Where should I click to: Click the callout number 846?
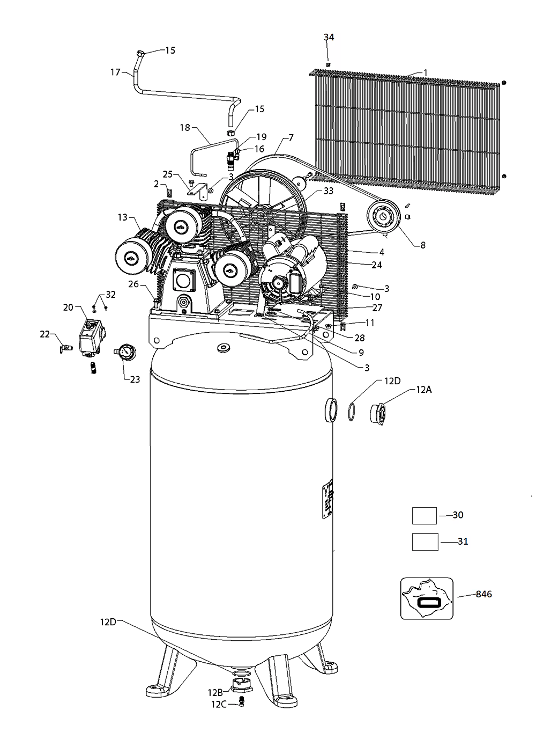(x=483, y=594)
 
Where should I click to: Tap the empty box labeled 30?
(x=425, y=516)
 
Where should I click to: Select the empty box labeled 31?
(x=425, y=542)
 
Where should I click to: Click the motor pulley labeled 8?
(x=384, y=218)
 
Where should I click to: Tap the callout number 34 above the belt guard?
(x=329, y=37)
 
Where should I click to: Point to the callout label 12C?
(x=219, y=704)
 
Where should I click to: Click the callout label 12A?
(x=423, y=389)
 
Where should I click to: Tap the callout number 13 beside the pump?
(x=123, y=217)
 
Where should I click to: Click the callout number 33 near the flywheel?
(x=328, y=191)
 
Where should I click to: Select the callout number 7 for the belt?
(x=291, y=138)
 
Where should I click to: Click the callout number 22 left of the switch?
(x=44, y=334)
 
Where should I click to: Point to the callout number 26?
(x=133, y=284)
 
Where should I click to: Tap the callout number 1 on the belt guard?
(x=425, y=72)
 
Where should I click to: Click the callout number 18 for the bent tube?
(x=185, y=128)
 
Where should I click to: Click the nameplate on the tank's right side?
(x=327, y=499)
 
